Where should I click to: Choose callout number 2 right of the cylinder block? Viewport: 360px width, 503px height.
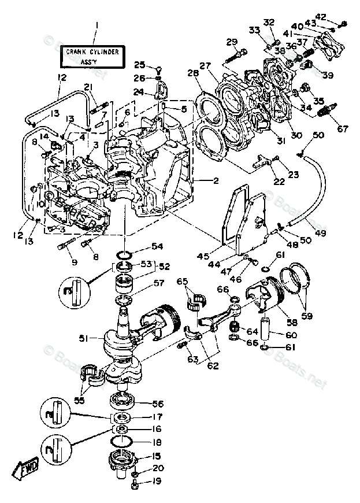pos(215,180)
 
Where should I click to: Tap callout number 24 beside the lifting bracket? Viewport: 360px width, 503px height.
pos(139,91)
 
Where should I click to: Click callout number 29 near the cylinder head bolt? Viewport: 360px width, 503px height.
pos(232,42)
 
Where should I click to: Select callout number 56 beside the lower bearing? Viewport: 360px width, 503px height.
pos(157,404)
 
